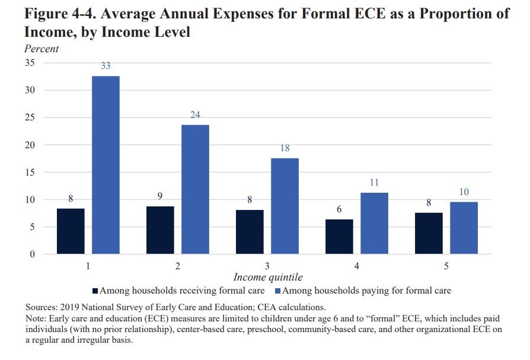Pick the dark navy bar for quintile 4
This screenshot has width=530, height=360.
click(339, 237)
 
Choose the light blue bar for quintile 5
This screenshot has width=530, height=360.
click(464, 228)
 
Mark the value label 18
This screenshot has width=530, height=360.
click(285, 148)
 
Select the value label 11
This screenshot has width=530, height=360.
click(374, 183)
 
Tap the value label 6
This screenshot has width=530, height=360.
click(339, 210)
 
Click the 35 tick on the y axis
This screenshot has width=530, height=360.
click(30, 63)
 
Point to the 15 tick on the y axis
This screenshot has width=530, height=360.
click(30, 172)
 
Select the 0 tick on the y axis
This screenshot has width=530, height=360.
click(33, 254)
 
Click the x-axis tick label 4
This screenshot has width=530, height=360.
click(356, 266)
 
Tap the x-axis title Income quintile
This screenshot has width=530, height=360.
click(268, 278)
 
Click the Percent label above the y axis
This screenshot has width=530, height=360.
click(41, 49)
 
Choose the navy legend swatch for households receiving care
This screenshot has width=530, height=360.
click(95, 291)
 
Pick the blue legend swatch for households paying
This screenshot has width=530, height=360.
click(277, 291)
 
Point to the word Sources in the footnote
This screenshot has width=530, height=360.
click(41, 307)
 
